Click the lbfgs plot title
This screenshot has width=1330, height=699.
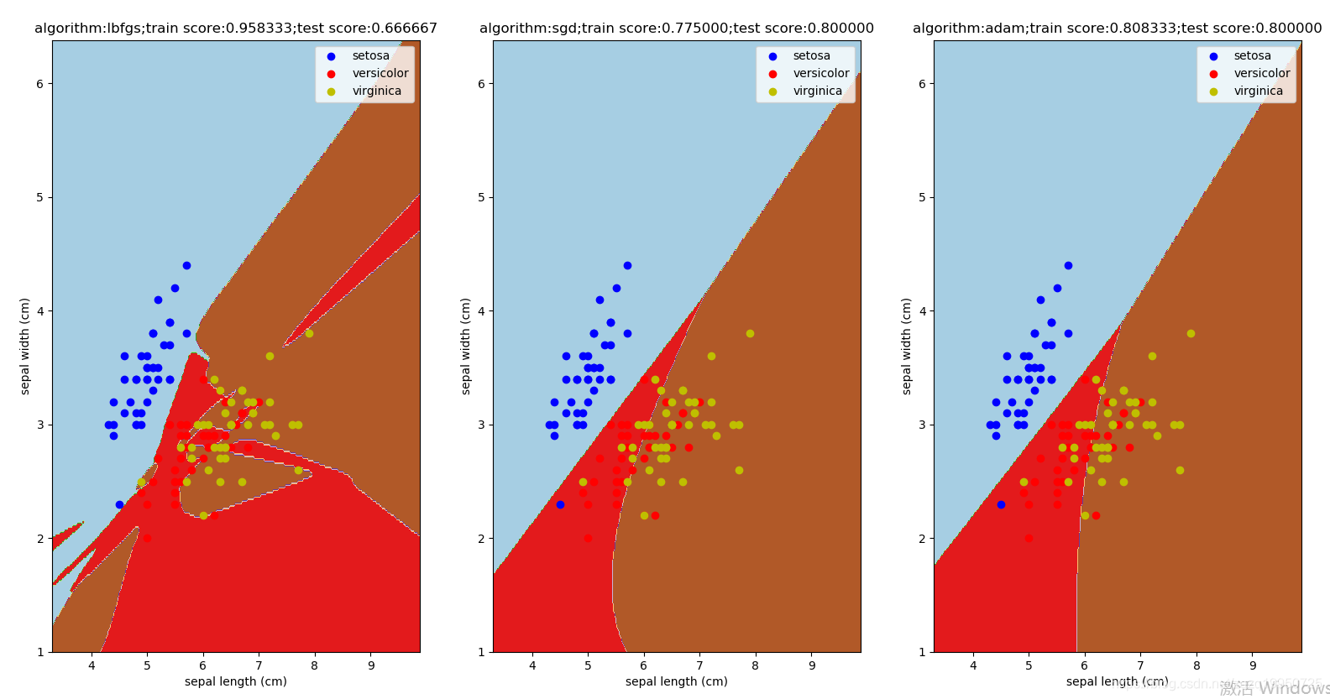click(x=235, y=29)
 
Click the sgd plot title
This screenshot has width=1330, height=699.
click(x=676, y=29)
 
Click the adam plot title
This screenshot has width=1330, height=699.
click(x=1117, y=29)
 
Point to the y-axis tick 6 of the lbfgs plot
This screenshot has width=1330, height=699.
click(x=39, y=84)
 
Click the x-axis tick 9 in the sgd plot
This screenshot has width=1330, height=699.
click(x=811, y=665)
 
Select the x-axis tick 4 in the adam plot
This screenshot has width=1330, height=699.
click(x=973, y=665)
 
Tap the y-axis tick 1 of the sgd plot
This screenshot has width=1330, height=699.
click(x=480, y=652)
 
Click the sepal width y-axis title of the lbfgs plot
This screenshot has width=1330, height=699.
click(x=25, y=346)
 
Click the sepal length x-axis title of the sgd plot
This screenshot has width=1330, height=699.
click(x=676, y=681)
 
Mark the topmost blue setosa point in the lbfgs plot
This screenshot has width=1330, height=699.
click(x=186, y=265)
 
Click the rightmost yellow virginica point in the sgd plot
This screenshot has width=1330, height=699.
click(x=750, y=333)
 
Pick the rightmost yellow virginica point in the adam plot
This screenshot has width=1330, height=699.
click(x=1191, y=333)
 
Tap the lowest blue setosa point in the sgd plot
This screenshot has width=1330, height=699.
click(x=560, y=504)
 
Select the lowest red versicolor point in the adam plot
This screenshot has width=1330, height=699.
click(x=1029, y=538)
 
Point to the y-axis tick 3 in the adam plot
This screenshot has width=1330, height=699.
click(x=921, y=425)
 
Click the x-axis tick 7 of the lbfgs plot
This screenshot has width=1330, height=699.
click(x=259, y=665)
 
